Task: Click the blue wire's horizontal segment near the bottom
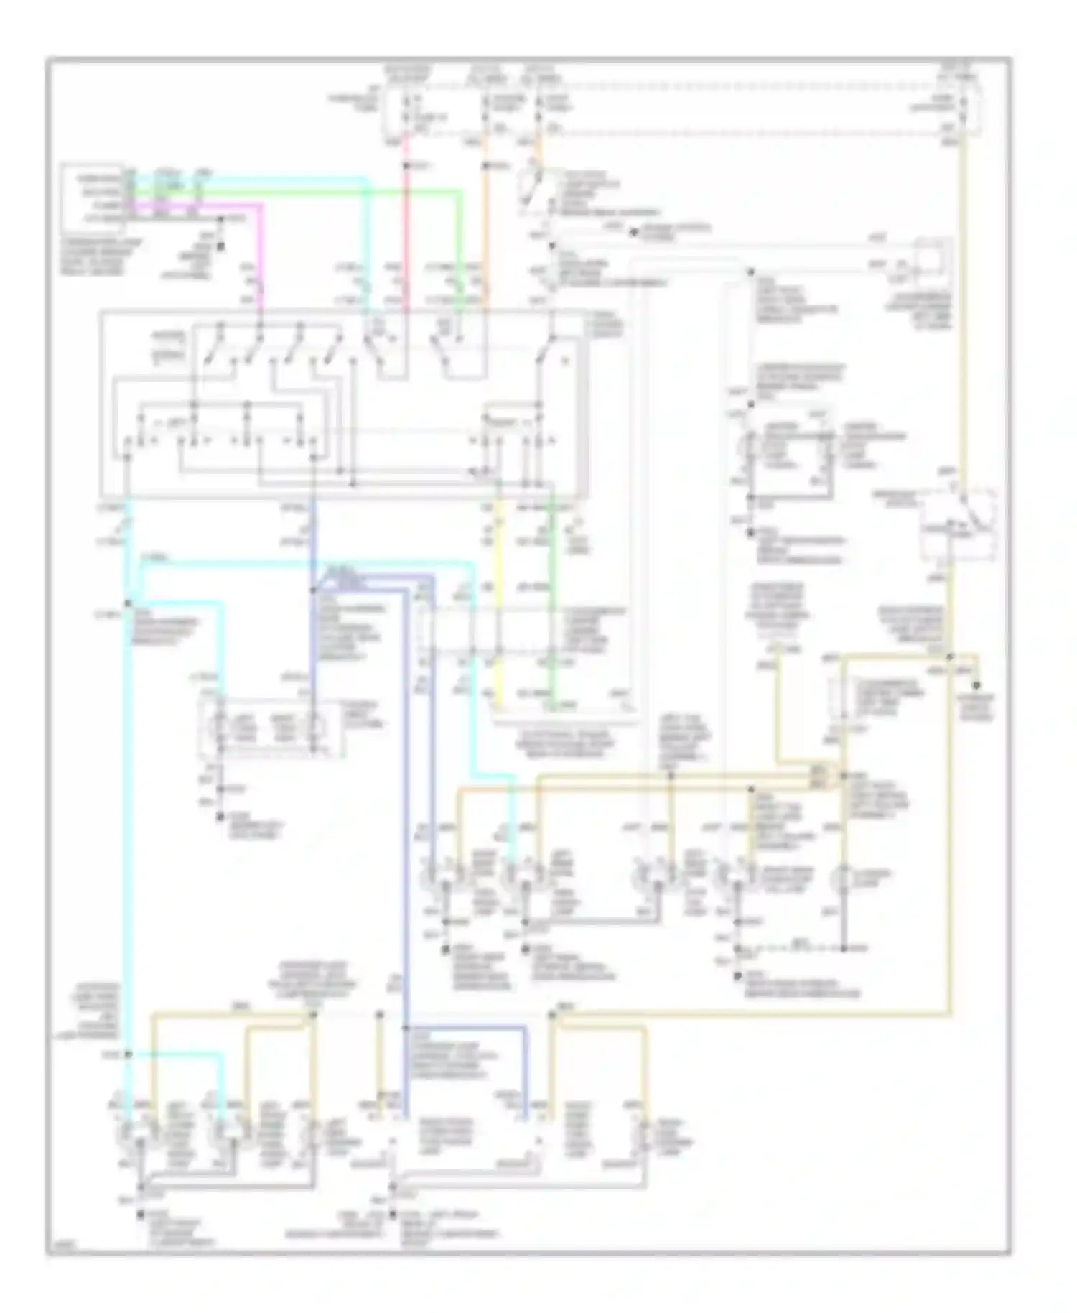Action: [467, 1029]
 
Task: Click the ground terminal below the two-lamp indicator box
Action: [220, 818]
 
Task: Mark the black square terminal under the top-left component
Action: [220, 246]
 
